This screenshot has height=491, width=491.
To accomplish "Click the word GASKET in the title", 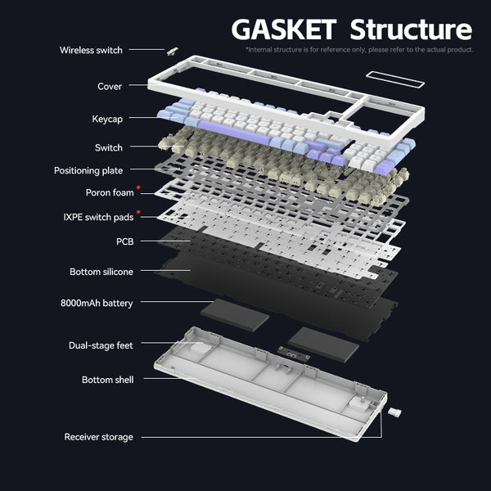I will (284, 29).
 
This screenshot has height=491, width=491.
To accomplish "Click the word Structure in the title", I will (411, 29).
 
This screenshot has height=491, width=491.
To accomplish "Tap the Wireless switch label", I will (91, 51).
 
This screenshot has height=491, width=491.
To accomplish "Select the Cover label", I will (110, 87).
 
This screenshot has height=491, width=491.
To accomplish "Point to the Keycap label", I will (107, 119).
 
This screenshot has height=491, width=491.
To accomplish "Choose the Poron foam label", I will (110, 193).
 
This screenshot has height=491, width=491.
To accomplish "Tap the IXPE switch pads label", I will (98, 217).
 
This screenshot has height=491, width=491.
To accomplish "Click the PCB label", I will (124, 242).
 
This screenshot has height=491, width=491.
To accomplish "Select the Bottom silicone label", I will (101, 272).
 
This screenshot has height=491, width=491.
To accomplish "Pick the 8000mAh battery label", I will (97, 304).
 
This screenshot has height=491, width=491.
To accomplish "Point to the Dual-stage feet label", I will (101, 346).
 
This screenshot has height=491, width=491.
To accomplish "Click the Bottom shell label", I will (107, 381).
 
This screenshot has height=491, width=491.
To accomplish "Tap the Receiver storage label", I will (98, 437).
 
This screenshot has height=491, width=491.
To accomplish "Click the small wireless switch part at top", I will (173, 51).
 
